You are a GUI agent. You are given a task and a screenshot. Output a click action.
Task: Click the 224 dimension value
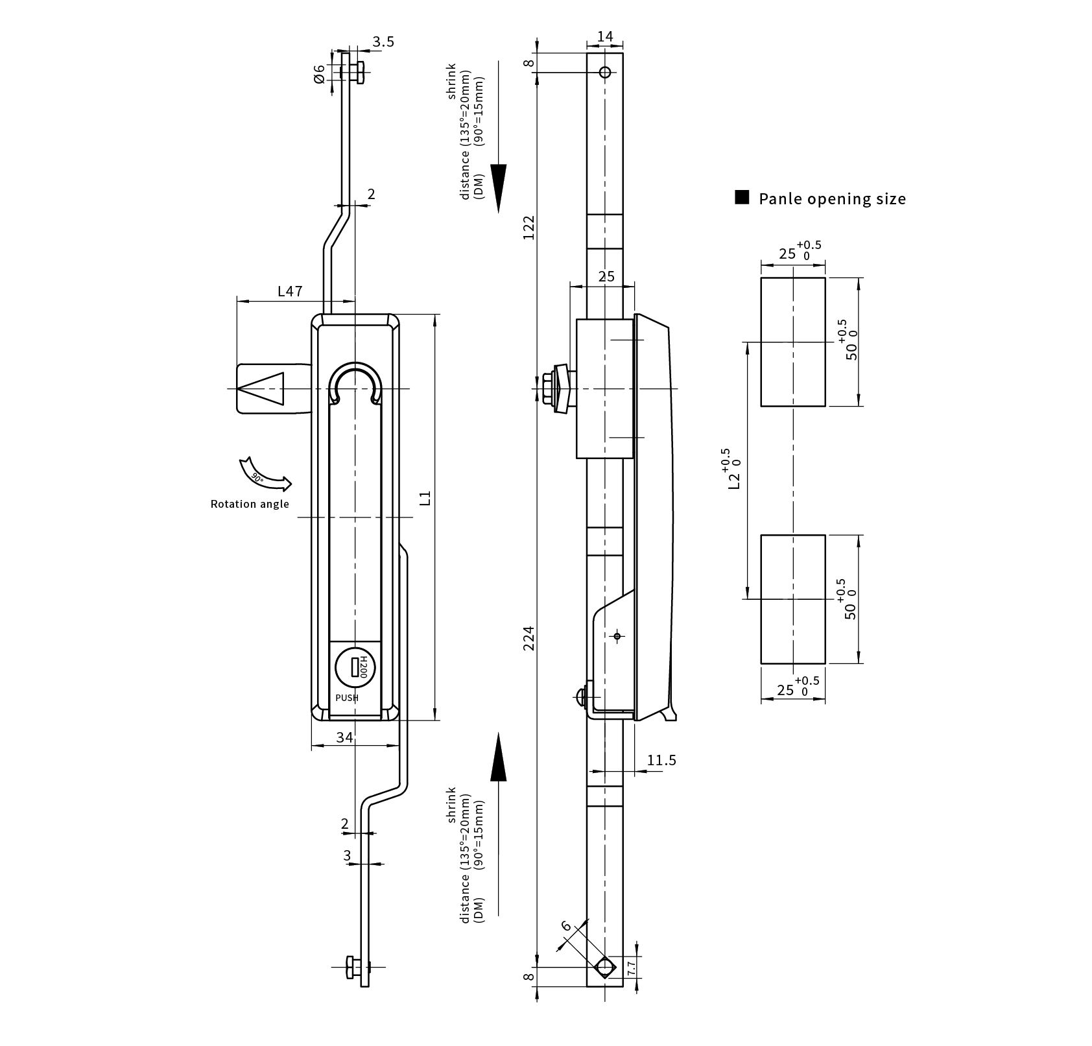pyautogui.click(x=529, y=638)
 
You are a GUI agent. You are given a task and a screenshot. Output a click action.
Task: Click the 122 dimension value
pyautogui.click(x=529, y=228)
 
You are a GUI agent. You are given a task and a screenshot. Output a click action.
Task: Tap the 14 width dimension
pyautogui.click(x=605, y=36)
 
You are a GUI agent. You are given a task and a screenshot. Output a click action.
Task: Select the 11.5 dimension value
pyautogui.click(x=661, y=760)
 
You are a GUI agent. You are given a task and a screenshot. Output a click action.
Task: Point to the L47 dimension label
pyautogui.click(x=290, y=291)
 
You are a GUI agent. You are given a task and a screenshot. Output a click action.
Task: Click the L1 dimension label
pyautogui.click(x=425, y=498)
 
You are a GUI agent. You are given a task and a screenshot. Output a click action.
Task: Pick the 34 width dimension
pyautogui.click(x=345, y=737)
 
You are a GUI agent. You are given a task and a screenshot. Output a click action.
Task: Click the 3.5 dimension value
pyautogui.click(x=383, y=42)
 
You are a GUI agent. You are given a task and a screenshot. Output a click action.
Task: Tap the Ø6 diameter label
pyautogui.click(x=318, y=73)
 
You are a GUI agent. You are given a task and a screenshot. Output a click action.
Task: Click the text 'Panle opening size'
pyautogui.click(x=832, y=198)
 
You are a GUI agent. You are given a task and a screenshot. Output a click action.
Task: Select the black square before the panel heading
pyautogui.click(x=742, y=198)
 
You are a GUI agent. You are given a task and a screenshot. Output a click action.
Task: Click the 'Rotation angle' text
pyautogui.click(x=250, y=504)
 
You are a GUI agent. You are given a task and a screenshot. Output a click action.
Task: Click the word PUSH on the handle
pyautogui.click(x=346, y=698)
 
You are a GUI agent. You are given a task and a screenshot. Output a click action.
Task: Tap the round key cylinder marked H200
pyautogui.click(x=354, y=667)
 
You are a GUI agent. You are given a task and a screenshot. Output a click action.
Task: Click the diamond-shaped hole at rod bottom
pyautogui.click(x=605, y=985)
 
